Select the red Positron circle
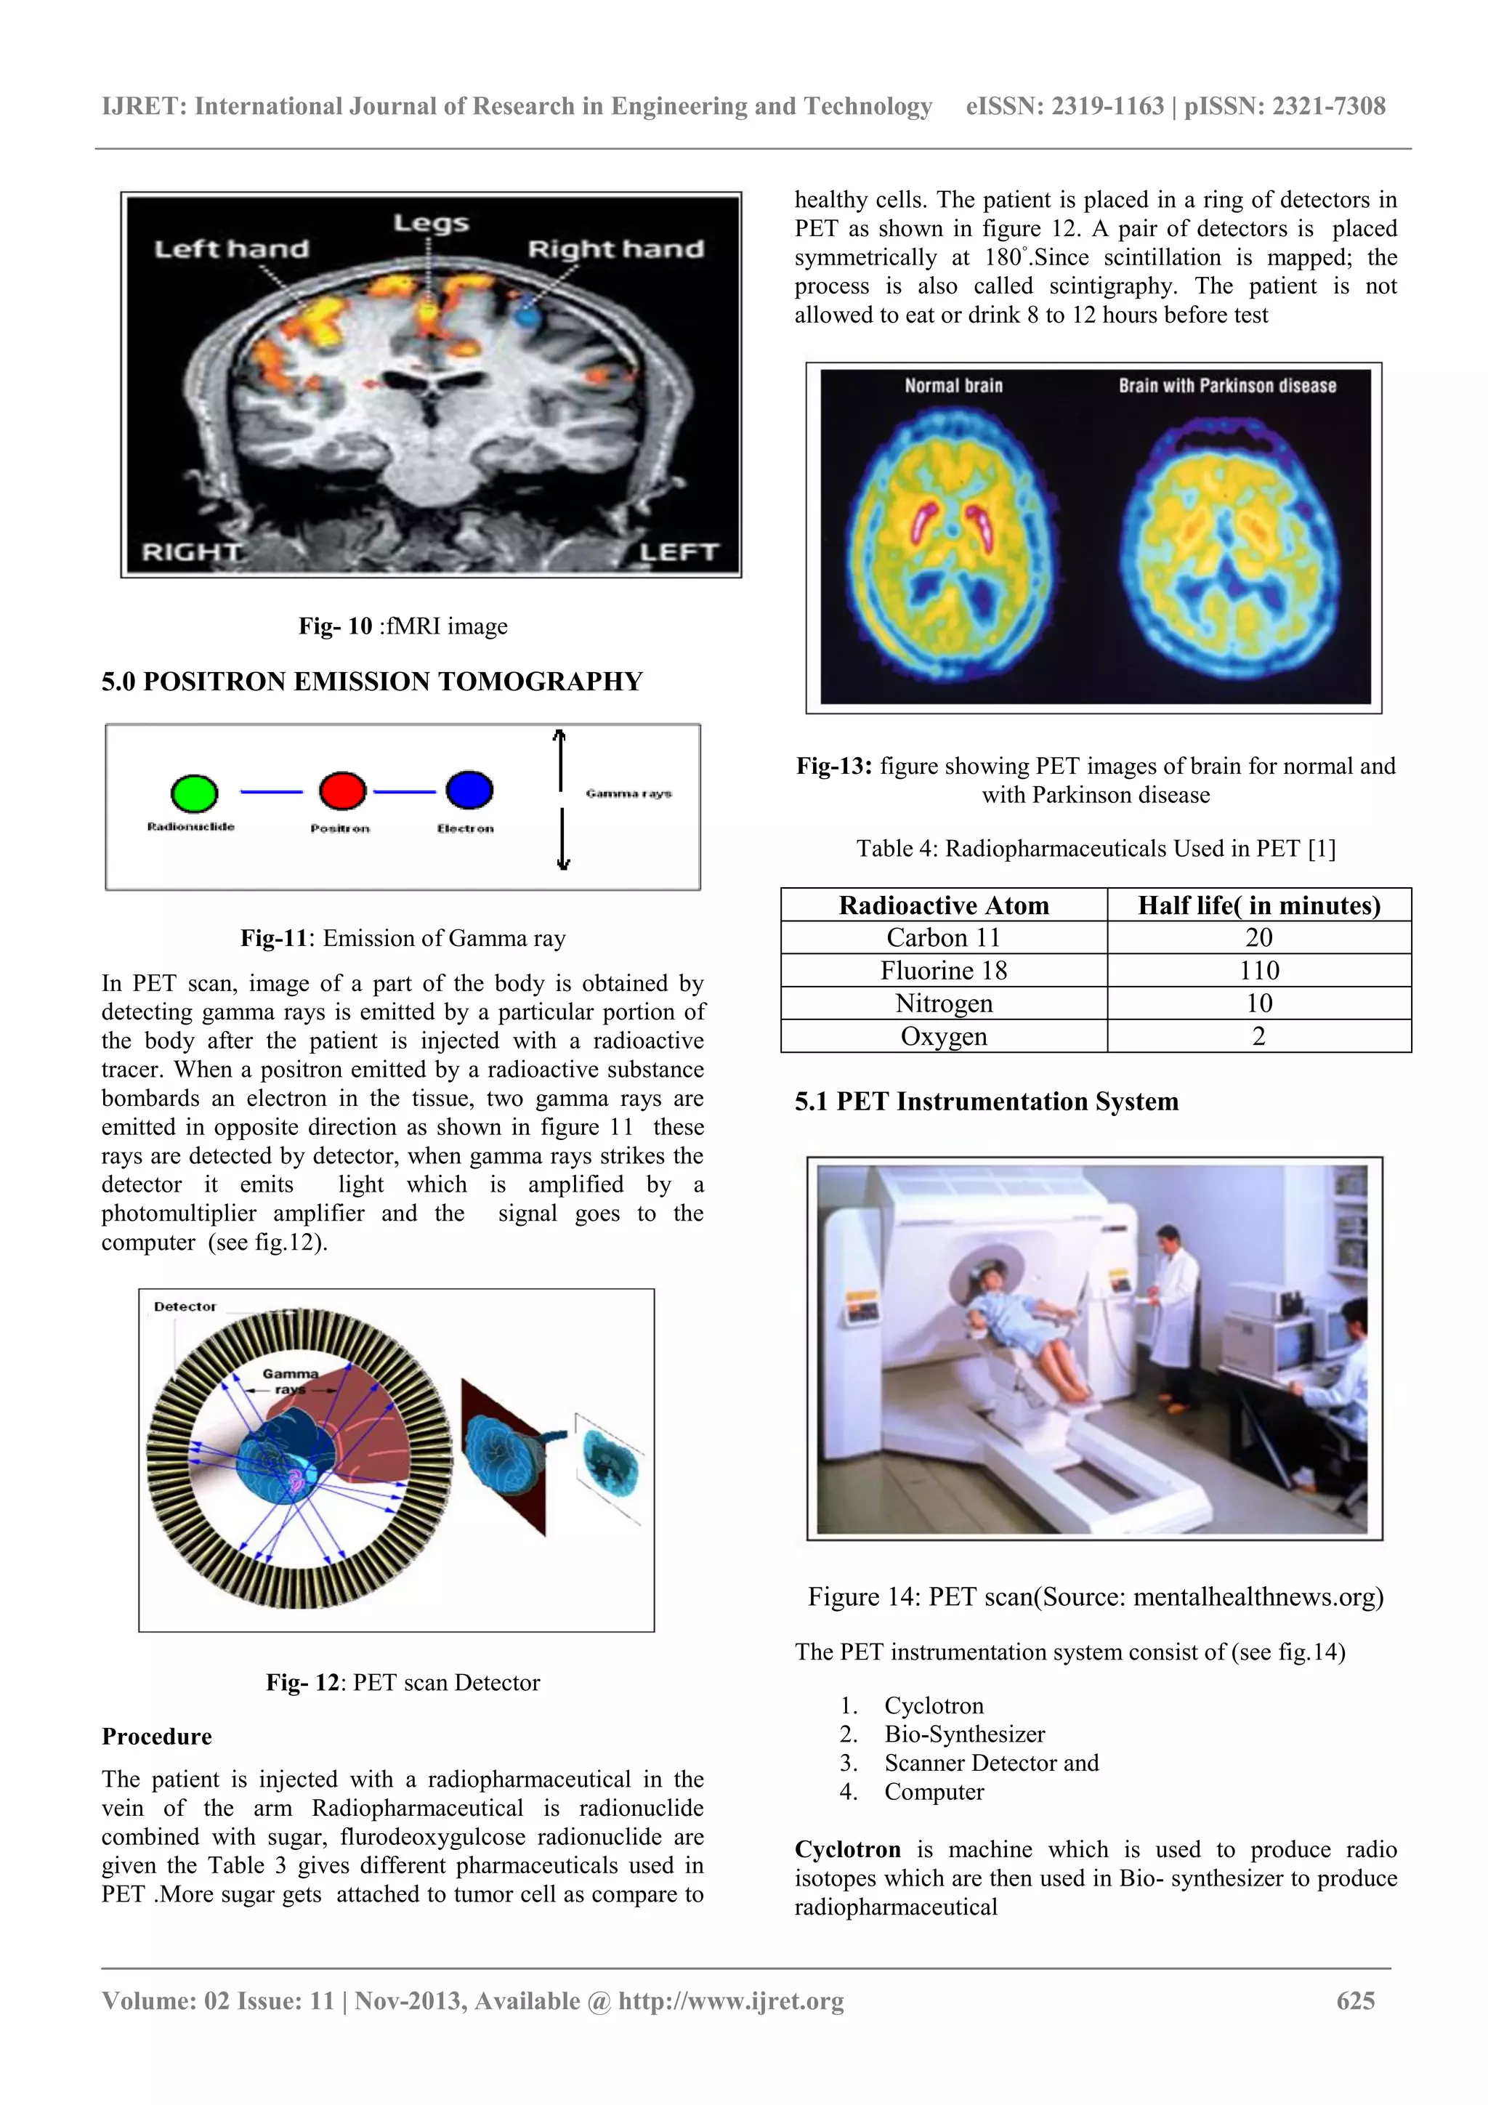click(342, 791)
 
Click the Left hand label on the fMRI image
click(231, 249)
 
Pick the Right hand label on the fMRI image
click(615, 249)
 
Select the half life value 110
click(1259, 970)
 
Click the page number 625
click(1355, 2000)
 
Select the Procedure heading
click(157, 1737)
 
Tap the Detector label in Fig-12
click(185, 1306)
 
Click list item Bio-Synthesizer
click(964, 1734)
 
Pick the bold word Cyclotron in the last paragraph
click(847, 1849)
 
